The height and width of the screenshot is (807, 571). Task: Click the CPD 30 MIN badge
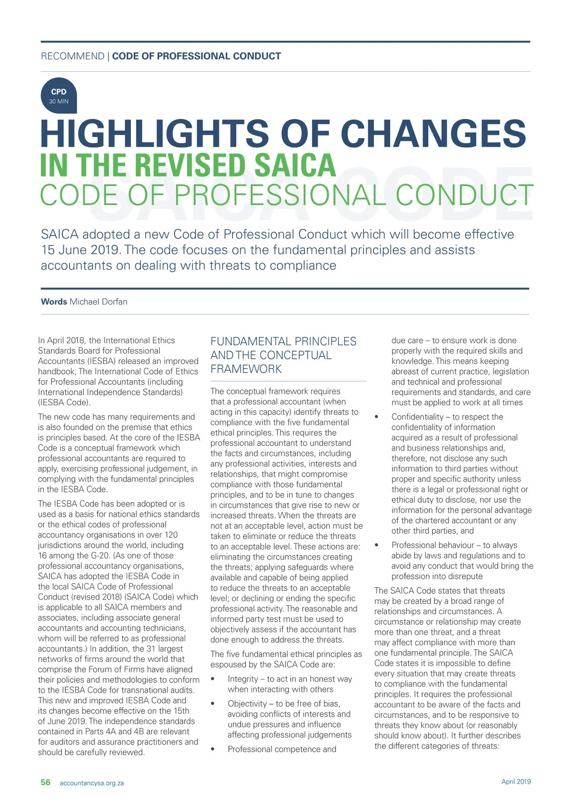[59, 96]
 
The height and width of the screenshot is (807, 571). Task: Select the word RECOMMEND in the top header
[72, 56]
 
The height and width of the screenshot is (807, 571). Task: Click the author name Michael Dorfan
[98, 302]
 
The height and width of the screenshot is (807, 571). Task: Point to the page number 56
[45, 782]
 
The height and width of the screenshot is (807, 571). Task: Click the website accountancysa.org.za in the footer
[91, 783]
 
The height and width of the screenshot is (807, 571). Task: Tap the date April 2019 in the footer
[516, 781]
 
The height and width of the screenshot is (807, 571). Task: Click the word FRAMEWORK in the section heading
[246, 369]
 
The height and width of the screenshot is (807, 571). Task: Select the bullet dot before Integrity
[213, 679]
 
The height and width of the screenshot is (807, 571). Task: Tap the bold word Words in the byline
[54, 302]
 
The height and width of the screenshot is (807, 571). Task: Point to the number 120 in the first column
[170, 535]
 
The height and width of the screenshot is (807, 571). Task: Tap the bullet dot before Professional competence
[213, 750]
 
